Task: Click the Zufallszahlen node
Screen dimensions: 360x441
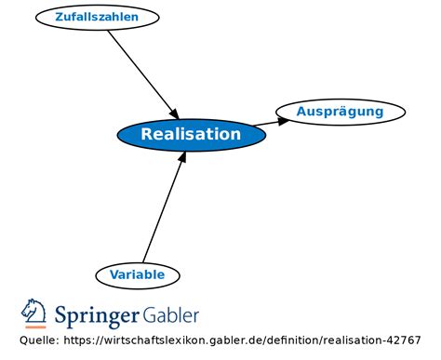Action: [97, 17]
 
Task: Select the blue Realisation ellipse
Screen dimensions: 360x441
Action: [191, 135]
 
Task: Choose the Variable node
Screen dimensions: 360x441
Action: [137, 274]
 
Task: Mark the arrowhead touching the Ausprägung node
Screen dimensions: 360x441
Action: [283, 119]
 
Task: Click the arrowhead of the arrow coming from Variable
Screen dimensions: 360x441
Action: [183, 156]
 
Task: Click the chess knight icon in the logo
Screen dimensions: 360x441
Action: [34, 311]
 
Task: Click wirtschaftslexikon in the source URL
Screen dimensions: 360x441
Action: [158, 340]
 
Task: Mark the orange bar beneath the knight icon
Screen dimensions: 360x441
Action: [34, 327]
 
